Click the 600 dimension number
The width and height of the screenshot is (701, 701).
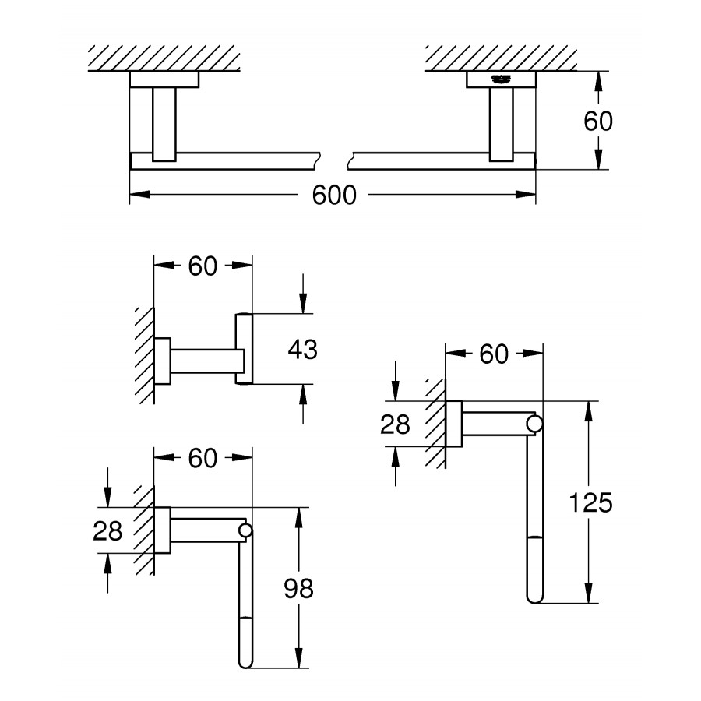point(334,195)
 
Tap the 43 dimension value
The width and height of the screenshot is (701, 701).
point(302,350)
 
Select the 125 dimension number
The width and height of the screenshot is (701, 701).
point(589,503)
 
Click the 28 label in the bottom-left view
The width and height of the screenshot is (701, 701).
point(107,531)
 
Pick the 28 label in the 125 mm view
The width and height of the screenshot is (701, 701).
point(395,424)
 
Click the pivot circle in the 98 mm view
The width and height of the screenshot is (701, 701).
point(245,531)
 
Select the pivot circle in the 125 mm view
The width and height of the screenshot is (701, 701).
point(534,424)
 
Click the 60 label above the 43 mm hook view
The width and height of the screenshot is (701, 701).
point(203,266)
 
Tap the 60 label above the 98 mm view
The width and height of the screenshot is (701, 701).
point(203,459)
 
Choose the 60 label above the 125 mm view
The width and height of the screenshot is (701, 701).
point(493,355)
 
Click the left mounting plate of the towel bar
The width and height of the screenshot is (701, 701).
point(164,79)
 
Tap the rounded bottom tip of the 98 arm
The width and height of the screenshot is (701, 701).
point(245,663)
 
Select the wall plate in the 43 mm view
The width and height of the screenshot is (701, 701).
point(163,361)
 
